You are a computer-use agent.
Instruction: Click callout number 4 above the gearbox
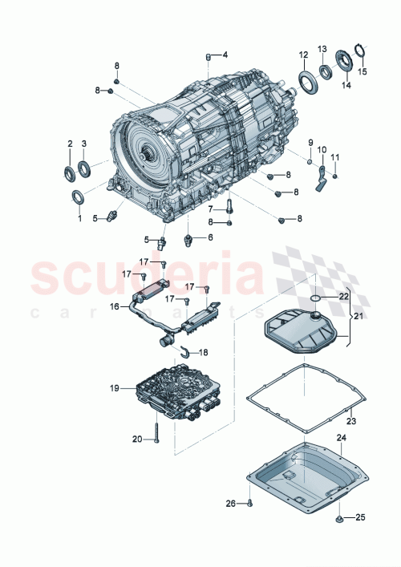pos(225,55)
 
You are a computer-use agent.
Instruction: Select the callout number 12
pos(304,55)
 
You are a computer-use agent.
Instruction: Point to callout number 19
pos(115,388)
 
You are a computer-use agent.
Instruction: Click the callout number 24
pos(341,438)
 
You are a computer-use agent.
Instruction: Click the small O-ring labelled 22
pos(316,298)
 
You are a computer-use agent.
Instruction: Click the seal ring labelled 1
pos(79,198)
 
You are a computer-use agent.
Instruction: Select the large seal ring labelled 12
pos(307,80)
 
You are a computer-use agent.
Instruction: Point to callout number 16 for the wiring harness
pos(115,306)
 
